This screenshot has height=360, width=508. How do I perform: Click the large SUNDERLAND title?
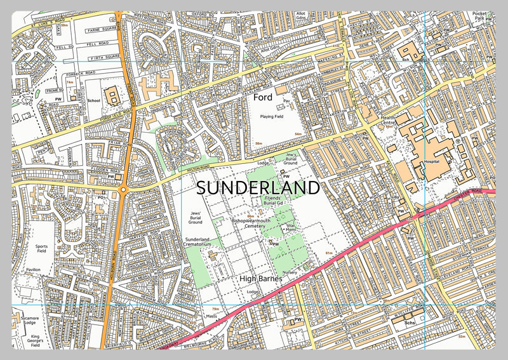pos(258,188)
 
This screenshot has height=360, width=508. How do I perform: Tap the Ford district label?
pos(262,98)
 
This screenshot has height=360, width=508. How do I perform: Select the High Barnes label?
pos(261,278)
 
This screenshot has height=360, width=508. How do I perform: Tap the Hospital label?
pos(432,162)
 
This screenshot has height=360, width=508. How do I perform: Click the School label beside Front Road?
pos(94,100)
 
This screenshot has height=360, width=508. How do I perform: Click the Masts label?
pos(213,316)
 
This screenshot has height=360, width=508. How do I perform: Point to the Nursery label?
pos(290,272)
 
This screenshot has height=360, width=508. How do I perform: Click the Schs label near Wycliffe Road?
pos(410,324)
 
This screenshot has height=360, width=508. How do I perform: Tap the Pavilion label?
pos(34,270)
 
